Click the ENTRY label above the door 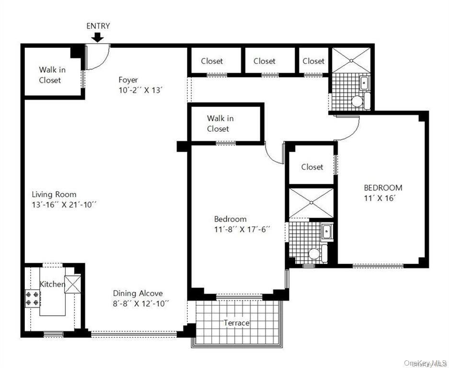[98, 26]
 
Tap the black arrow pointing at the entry [97, 37]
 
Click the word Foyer [128, 80]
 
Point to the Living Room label [54, 195]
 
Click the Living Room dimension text [65, 205]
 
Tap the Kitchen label [52, 284]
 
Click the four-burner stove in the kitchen [33, 299]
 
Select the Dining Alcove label [138, 293]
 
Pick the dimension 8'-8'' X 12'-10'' [141, 303]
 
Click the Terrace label [237, 323]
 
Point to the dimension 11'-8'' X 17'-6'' [242, 229]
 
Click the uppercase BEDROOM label [382, 188]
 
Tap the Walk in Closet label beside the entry [52, 75]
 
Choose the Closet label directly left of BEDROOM [312, 167]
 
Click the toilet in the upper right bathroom [357, 101]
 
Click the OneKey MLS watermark [426, 363]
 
